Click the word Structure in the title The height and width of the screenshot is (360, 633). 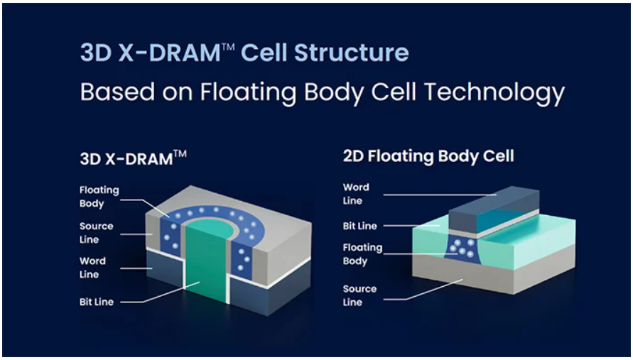tap(351, 53)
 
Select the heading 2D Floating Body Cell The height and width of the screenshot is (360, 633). tap(428, 156)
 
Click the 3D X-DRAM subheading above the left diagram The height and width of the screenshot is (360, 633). tap(134, 158)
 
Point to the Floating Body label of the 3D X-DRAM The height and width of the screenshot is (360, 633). tap(99, 197)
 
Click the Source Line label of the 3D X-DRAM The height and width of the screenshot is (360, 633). tap(97, 232)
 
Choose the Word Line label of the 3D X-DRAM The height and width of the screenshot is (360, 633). tap(93, 268)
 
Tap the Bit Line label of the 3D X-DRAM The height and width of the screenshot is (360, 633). tap(97, 302)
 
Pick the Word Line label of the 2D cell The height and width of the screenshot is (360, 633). tap(356, 194)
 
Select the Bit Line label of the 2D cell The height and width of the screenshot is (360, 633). tap(360, 226)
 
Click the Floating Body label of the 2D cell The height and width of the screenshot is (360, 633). tap(362, 254)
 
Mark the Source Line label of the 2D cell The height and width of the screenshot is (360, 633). tap(359, 295)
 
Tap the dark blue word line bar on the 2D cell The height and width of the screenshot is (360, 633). tap(494, 209)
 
